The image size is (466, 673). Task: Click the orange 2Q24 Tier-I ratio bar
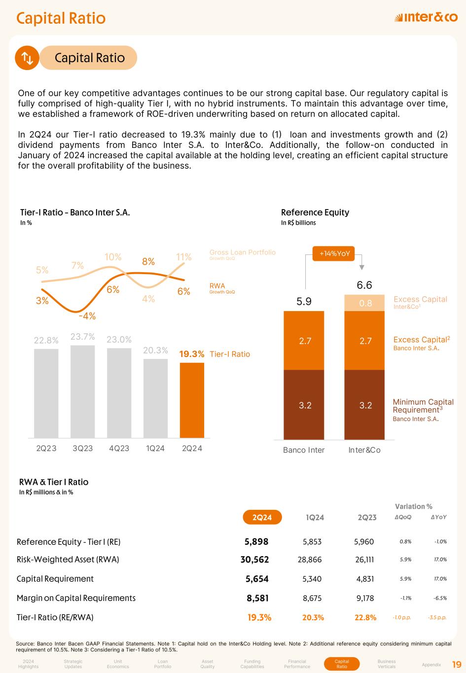click(x=192, y=400)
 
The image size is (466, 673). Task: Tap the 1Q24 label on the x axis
click(x=155, y=448)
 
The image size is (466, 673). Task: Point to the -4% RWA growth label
click(x=87, y=316)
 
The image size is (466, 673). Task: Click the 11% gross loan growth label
click(x=184, y=257)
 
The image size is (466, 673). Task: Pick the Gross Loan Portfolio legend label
click(x=242, y=252)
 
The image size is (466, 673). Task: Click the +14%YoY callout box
click(x=335, y=253)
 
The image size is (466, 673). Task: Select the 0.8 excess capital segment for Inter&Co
click(x=365, y=303)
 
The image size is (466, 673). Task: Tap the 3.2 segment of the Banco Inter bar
click(x=305, y=405)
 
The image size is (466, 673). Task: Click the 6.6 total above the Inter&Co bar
click(x=364, y=285)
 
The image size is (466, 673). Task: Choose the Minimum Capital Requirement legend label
click(x=423, y=406)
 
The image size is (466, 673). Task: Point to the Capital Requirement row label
click(x=55, y=578)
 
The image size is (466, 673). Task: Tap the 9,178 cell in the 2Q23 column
click(x=365, y=598)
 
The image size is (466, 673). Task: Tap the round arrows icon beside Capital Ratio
click(x=27, y=58)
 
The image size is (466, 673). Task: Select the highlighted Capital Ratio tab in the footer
click(x=342, y=664)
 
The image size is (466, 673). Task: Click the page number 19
click(x=456, y=664)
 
